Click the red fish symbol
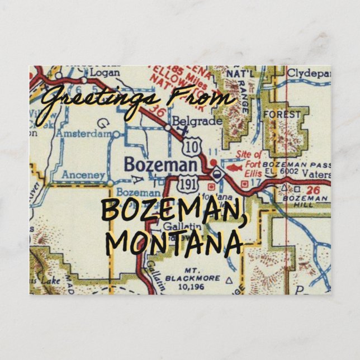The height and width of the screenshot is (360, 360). pyautogui.click(x=234, y=167)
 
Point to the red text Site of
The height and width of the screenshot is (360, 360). pyautogui.click(x=249, y=154)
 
